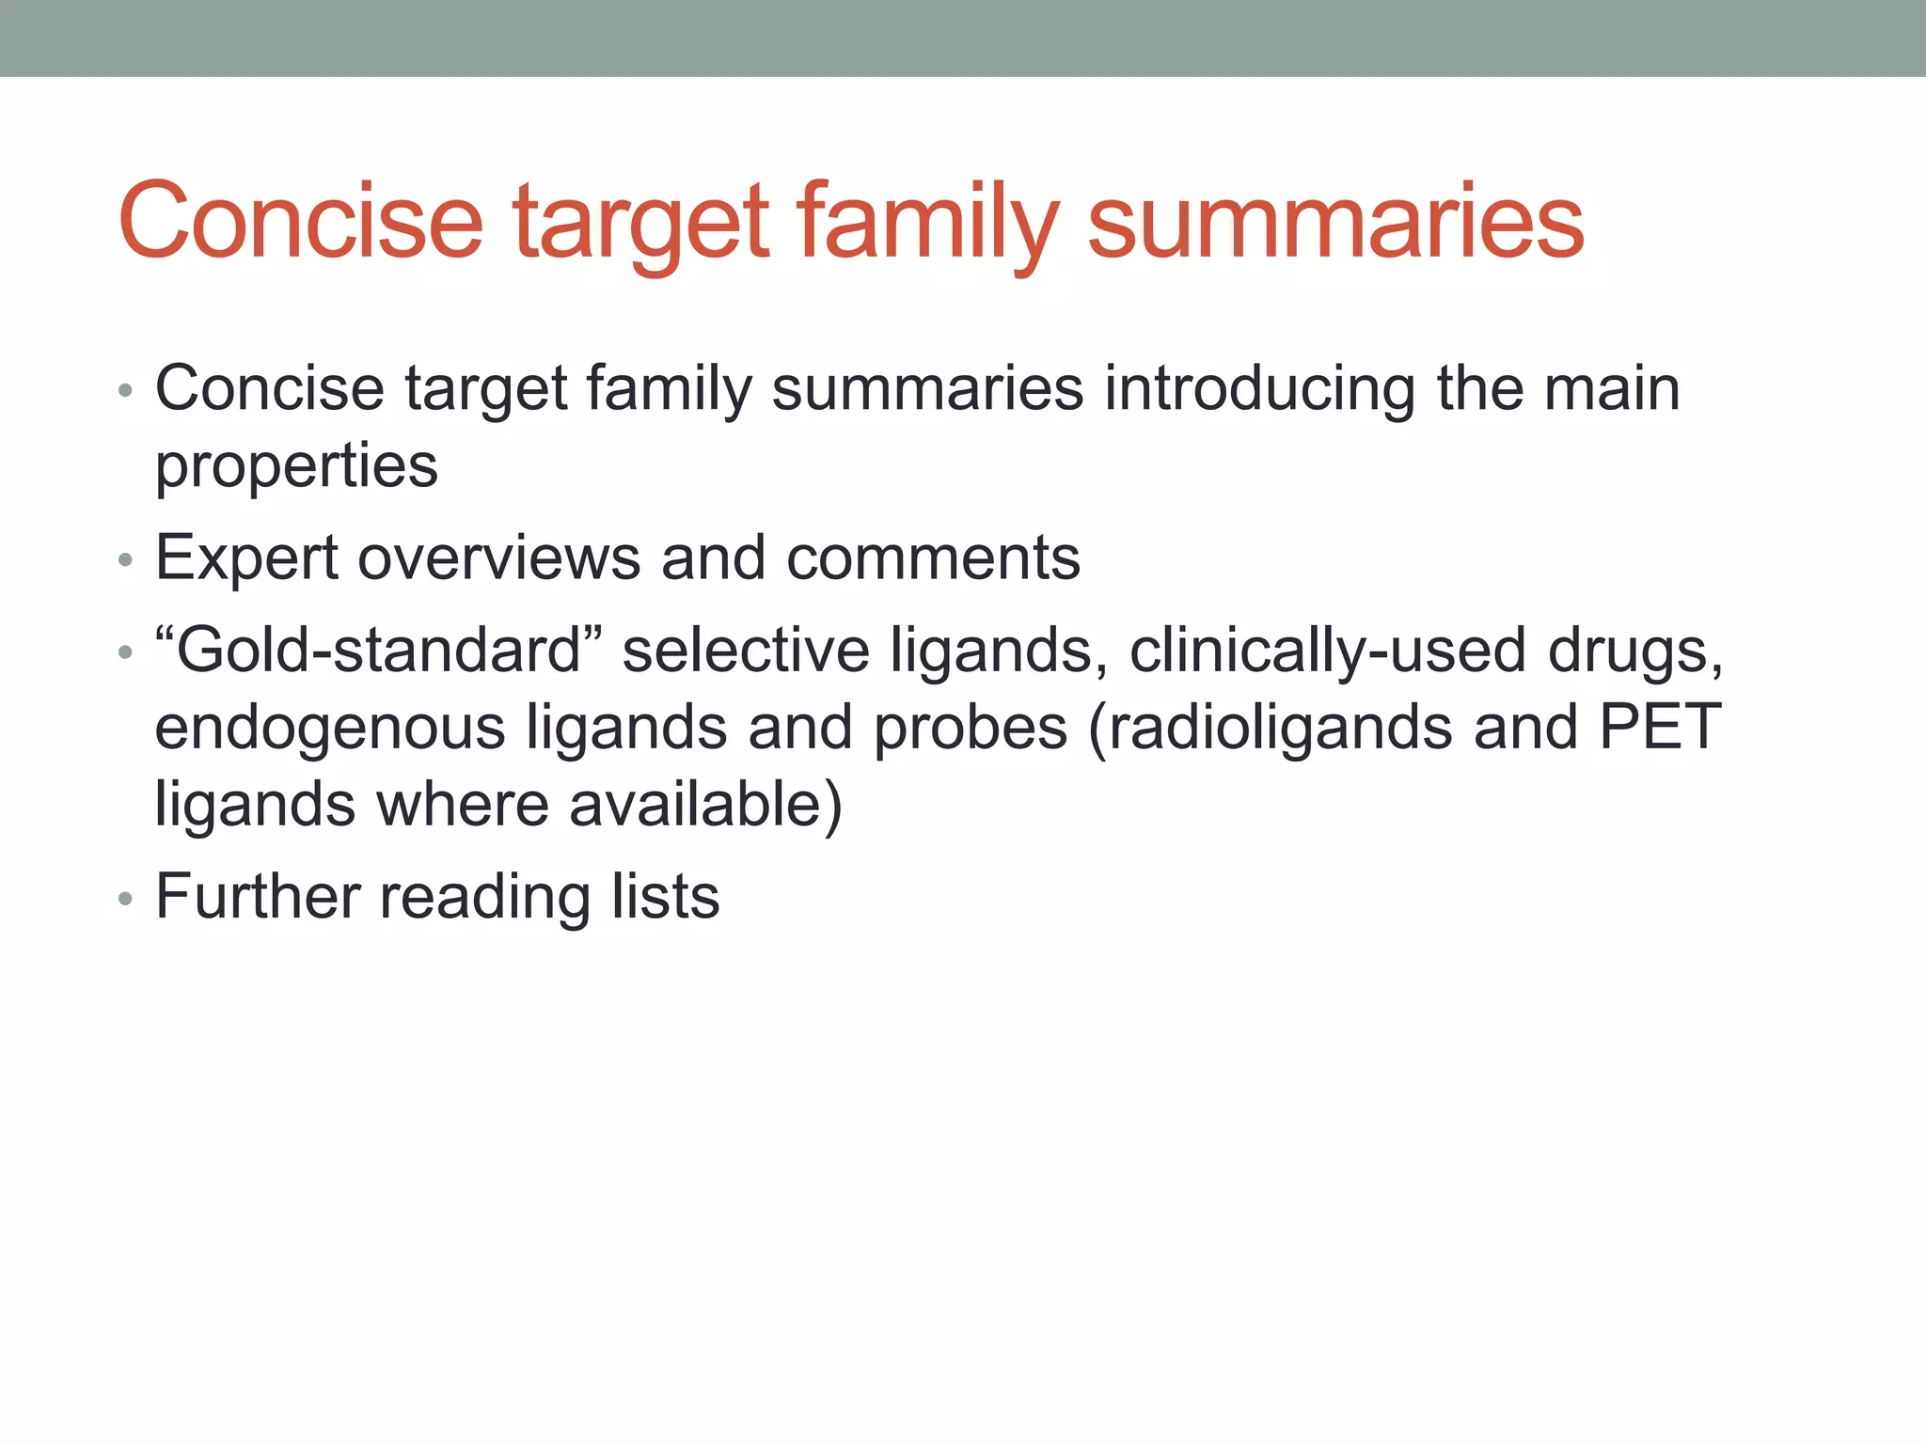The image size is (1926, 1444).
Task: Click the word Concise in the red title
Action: tap(300, 221)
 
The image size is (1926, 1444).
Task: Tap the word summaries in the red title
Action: tap(1335, 221)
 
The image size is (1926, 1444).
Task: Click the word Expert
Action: tap(246, 559)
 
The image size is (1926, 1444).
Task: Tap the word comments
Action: tap(933, 558)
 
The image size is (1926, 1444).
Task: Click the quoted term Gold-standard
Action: tap(377, 651)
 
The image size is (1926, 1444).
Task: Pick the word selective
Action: tap(746, 651)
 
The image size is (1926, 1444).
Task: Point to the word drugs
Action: tap(1635, 651)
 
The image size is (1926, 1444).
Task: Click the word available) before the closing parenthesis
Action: tap(705, 806)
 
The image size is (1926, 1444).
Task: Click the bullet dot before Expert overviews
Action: tap(126, 561)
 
